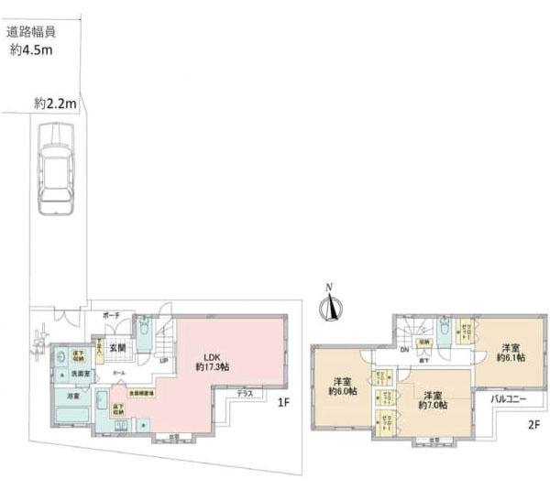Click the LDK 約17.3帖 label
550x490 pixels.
tap(212, 360)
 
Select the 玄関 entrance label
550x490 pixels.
tap(118, 347)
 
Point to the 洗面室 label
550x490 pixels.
tap(81, 375)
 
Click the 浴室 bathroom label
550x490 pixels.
tap(71, 397)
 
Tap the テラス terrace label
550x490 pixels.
tap(245, 393)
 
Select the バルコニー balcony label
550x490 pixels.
tap(507, 400)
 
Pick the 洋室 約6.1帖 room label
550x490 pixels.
tap(511, 352)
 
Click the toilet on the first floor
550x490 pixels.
tap(146, 330)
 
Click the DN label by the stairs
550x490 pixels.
tap(404, 348)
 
